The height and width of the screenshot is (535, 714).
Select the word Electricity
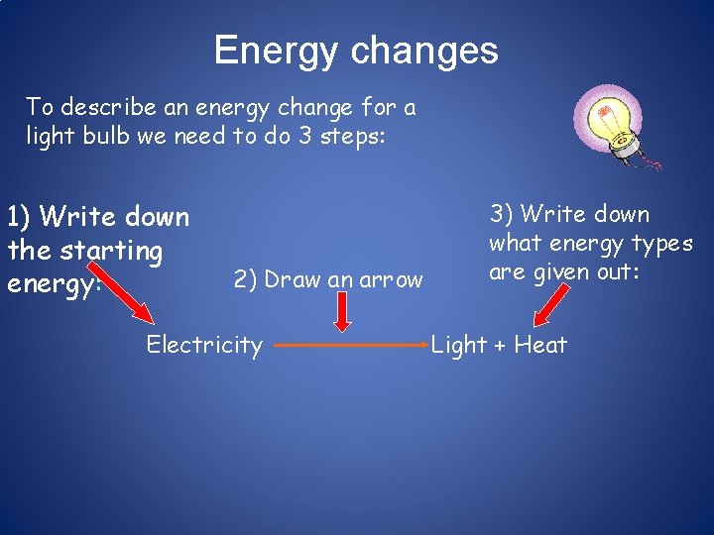(204, 345)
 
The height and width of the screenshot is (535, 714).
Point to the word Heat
(540, 345)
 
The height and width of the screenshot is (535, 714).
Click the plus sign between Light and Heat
(501, 346)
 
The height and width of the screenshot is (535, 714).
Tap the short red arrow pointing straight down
(342, 313)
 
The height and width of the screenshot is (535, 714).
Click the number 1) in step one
(20, 216)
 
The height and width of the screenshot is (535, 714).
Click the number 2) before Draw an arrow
(246, 279)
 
